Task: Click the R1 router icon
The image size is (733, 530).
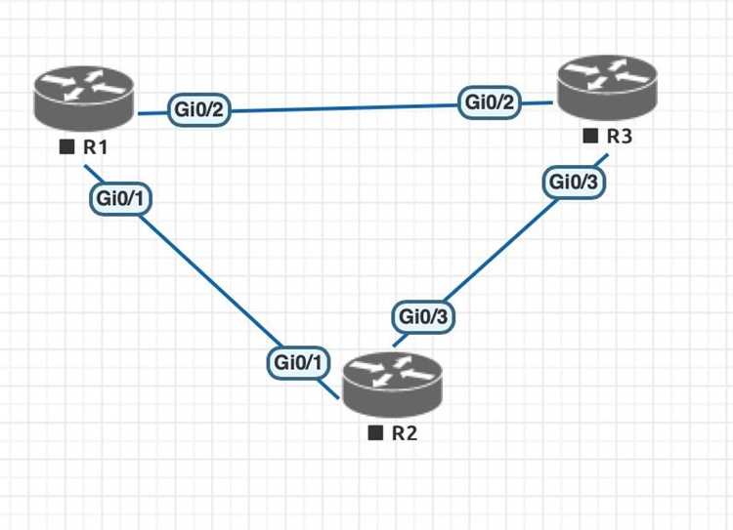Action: (x=84, y=98)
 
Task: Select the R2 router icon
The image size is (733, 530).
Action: (x=392, y=385)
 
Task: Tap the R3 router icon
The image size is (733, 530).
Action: (x=607, y=87)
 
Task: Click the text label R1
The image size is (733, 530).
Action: (x=96, y=147)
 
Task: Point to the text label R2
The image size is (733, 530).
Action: (x=405, y=433)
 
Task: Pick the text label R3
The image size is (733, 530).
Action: (x=620, y=137)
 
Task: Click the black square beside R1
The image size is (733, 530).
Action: (x=66, y=147)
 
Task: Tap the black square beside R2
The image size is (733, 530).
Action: (x=375, y=433)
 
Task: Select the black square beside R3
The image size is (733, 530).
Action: (x=590, y=137)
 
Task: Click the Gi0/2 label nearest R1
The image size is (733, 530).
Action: (x=199, y=109)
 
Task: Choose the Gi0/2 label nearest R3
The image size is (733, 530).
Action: (x=490, y=102)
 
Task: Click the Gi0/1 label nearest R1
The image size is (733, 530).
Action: (x=120, y=199)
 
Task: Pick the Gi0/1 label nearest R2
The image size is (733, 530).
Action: (x=298, y=362)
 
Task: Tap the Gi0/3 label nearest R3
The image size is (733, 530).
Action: (x=574, y=183)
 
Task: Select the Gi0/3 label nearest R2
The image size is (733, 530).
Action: (x=423, y=317)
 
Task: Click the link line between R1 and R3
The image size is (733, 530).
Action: (x=345, y=107)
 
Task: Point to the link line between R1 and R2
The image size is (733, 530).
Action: (x=211, y=281)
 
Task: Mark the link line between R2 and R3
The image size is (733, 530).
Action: (x=500, y=250)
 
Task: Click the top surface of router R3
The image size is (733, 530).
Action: (x=607, y=75)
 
